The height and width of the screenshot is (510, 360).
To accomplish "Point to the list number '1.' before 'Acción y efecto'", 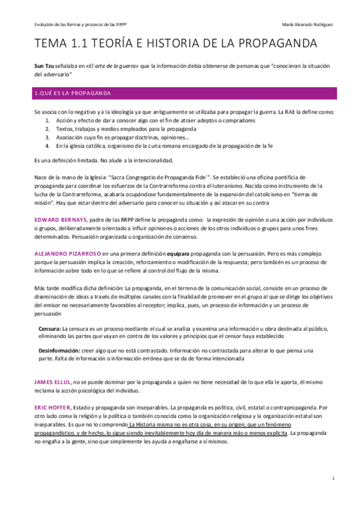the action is [48, 121].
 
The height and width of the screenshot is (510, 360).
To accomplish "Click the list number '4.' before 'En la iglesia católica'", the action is [48, 146].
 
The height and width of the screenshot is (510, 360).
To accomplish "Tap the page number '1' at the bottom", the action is [332, 478].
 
